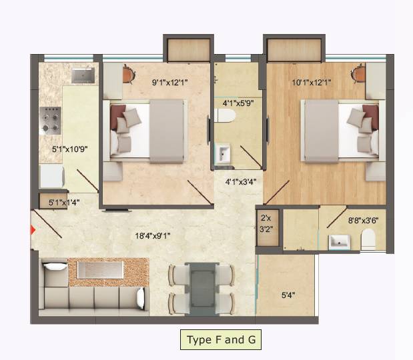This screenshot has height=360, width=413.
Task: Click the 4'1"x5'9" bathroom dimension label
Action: pyautogui.click(x=238, y=103)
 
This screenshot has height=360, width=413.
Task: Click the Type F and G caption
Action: pyautogui.click(x=220, y=340)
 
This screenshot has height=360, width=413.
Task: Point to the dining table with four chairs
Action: pyautogui.click(x=201, y=287)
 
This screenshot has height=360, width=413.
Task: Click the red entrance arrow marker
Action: pyautogui.click(x=33, y=230)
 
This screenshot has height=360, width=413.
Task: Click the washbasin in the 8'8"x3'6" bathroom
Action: pyautogui.click(x=339, y=241)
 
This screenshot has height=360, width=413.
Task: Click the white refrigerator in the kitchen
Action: pyautogui.click(x=51, y=177)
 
